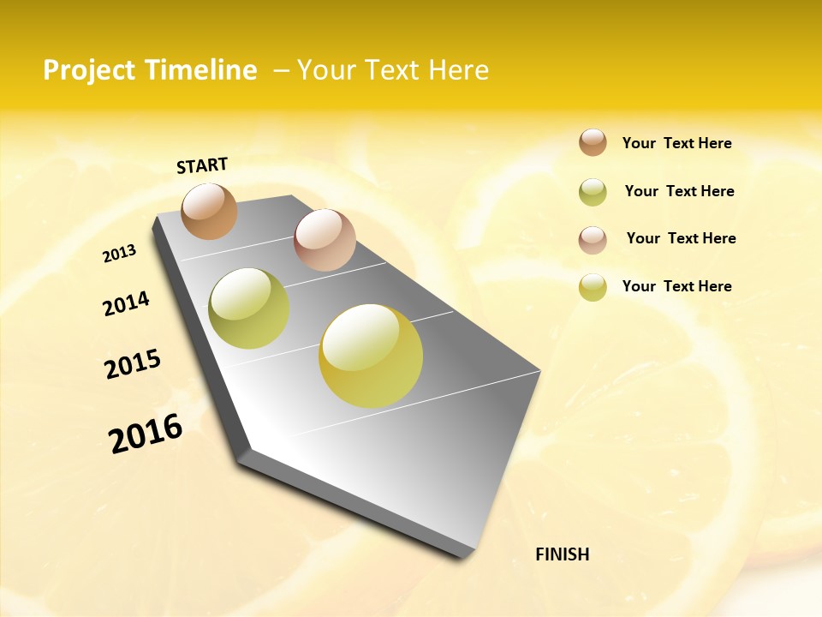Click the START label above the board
click(202, 165)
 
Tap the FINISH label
click(562, 554)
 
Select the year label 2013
click(120, 254)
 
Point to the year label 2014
click(126, 303)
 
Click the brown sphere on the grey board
click(210, 211)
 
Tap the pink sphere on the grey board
click(325, 240)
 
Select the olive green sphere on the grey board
click(249, 308)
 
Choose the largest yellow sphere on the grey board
click(371, 356)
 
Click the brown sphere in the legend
click(593, 142)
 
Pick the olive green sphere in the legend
click(593, 192)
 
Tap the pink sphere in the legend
click(593, 240)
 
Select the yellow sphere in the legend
click(593, 287)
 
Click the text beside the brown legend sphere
click(676, 143)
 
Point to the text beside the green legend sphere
click(679, 191)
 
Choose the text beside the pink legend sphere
click(681, 238)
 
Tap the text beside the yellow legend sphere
click(676, 286)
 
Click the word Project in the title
click(89, 70)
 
